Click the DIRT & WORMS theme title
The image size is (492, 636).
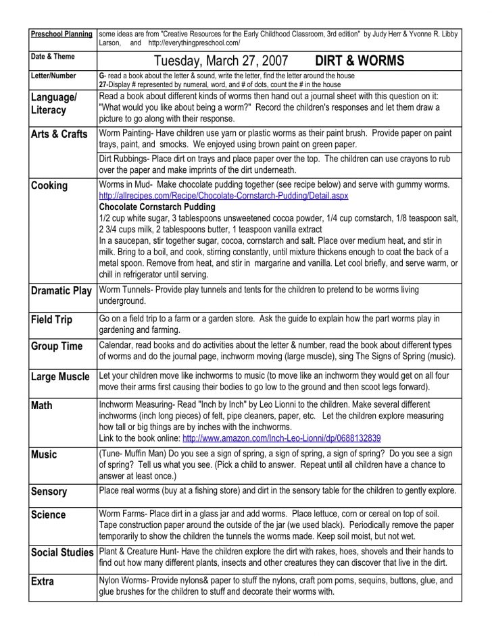pos(360,61)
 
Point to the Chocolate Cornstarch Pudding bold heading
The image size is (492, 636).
pos(157,207)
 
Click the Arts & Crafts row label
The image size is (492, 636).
pos(59,134)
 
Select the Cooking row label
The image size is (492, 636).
pos(49,186)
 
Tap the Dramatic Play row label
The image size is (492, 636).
pos(62,291)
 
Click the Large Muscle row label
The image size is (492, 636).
pos(60,377)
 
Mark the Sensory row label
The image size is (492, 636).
pos(49,492)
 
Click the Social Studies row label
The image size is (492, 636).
pos(63,552)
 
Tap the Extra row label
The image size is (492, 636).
pos(43,581)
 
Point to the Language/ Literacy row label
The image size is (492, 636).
pos(54,103)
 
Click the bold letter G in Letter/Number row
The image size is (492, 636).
pos(101,76)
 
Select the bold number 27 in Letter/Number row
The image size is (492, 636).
pos(103,85)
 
